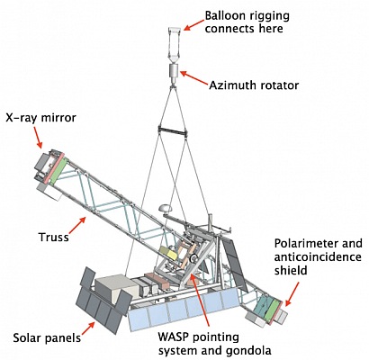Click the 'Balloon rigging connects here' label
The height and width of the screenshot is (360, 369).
(247, 22)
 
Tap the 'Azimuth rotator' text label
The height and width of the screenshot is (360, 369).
(254, 85)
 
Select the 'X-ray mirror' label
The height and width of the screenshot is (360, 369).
(41, 118)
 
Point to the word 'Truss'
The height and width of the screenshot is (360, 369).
(54, 237)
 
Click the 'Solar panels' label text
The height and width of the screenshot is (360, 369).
(47, 338)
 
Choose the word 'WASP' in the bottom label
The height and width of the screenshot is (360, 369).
(174, 337)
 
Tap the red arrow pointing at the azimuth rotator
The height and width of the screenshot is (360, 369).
(193, 77)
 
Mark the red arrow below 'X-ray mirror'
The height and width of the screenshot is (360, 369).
(39, 137)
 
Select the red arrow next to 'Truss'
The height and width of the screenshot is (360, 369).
(78, 226)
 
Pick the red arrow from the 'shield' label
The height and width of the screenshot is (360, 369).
(292, 294)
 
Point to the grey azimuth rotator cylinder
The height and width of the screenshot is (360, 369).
(174, 71)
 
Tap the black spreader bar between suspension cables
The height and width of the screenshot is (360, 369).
(173, 130)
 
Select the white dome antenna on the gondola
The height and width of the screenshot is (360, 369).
(164, 208)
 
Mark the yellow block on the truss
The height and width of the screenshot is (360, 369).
(168, 253)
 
